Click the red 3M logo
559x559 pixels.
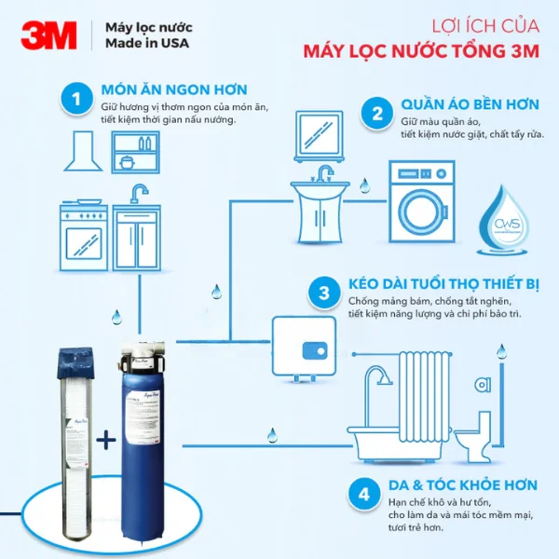click(x=48, y=36)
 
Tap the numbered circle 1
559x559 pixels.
click(x=75, y=100)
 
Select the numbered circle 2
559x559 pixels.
click(x=376, y=114)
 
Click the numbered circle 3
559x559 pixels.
click(x=323, y=294)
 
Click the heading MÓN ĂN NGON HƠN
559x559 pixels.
click(x=174, y=90)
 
